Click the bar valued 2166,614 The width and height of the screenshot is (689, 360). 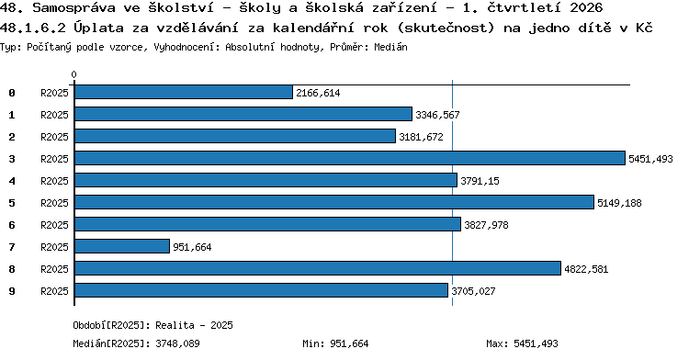[x=184, y=92]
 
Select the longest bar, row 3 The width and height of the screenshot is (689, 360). [x=350, y=158]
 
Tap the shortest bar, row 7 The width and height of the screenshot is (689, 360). [x=122, y=246]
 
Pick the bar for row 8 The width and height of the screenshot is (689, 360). [x=318, y=268]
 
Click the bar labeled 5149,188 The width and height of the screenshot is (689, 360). [x=334, y=202]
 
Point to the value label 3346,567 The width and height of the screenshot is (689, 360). [x=437, y=115]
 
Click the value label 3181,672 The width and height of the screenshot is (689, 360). [x=421, y=137]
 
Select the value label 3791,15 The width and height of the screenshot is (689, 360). [x=480, y=181]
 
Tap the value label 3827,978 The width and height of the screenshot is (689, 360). [x=486, y=225]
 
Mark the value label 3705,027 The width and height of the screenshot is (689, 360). [x=473, y=291]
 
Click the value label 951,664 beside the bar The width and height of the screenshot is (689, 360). [x=192, y=247]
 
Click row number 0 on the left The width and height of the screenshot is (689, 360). [x=12, y=93]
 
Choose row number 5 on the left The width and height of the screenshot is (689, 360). [x=12, y=203]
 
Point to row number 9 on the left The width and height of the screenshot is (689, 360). [x=12, y=291]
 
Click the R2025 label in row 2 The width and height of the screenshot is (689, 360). [x=54, y=137]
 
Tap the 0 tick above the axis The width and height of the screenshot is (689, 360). [x=73, y=74]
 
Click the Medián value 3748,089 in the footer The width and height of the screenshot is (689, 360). [x=177, y=343]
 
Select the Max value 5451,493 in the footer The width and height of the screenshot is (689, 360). [x=536, y=343]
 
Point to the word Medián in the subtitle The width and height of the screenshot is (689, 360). [x=390, y=47]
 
